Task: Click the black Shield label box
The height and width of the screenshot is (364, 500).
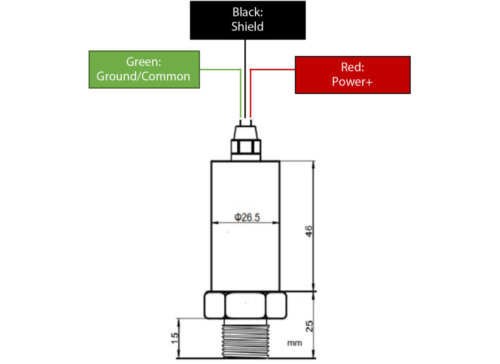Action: click(x=247, y=20)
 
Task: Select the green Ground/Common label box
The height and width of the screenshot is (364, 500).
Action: click(x=144, y=69)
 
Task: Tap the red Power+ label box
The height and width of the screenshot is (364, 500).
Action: click(x=352, y=75)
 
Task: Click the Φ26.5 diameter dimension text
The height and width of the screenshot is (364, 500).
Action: click(x=247, y=217)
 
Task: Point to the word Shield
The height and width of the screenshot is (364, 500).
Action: click(x=247, y=26)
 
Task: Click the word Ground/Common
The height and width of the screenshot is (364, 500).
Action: click(x=144, y=76)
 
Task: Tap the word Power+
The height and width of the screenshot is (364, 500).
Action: click(x=352, y=81)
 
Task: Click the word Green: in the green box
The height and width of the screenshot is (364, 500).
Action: click(x=144, y=62)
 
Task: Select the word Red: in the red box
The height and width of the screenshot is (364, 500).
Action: click(x=352, y=68)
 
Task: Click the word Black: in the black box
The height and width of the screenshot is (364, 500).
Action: click(x=247, y=12)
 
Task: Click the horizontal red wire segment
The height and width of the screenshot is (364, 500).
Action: click(x=273, y=70)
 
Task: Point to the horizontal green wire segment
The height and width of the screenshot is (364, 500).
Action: click(x=220, y=69)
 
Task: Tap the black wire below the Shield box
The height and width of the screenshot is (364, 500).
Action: click(x=245, y=77)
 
